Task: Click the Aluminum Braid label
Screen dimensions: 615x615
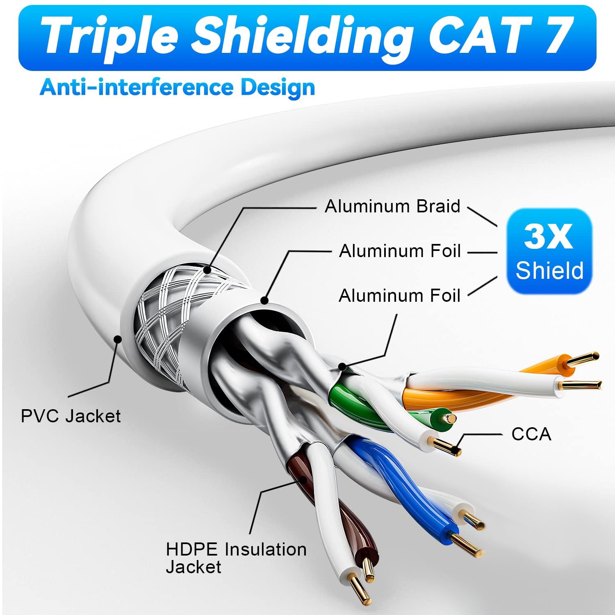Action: [393, 206]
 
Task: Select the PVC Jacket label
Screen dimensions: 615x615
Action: [71, 416]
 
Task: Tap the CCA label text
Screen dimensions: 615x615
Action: [531, 434]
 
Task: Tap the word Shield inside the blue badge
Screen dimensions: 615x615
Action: [549, 270]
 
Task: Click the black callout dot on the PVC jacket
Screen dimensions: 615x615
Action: [118, 339]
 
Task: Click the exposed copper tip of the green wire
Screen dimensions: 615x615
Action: [451, 418]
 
